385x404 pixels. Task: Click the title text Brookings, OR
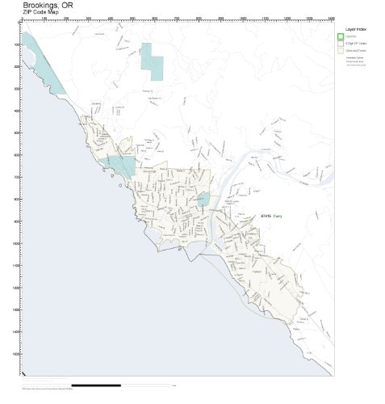[48, 6]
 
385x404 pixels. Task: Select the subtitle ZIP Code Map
[41, 13]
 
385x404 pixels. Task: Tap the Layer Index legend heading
[355, 29]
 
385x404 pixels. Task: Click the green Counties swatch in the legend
[341, 36]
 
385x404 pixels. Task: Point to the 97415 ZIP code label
[266, 216]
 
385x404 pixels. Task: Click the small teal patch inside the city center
[204, 199]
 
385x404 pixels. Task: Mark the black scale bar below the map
[96, 385]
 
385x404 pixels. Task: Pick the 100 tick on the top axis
[44, 19]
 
